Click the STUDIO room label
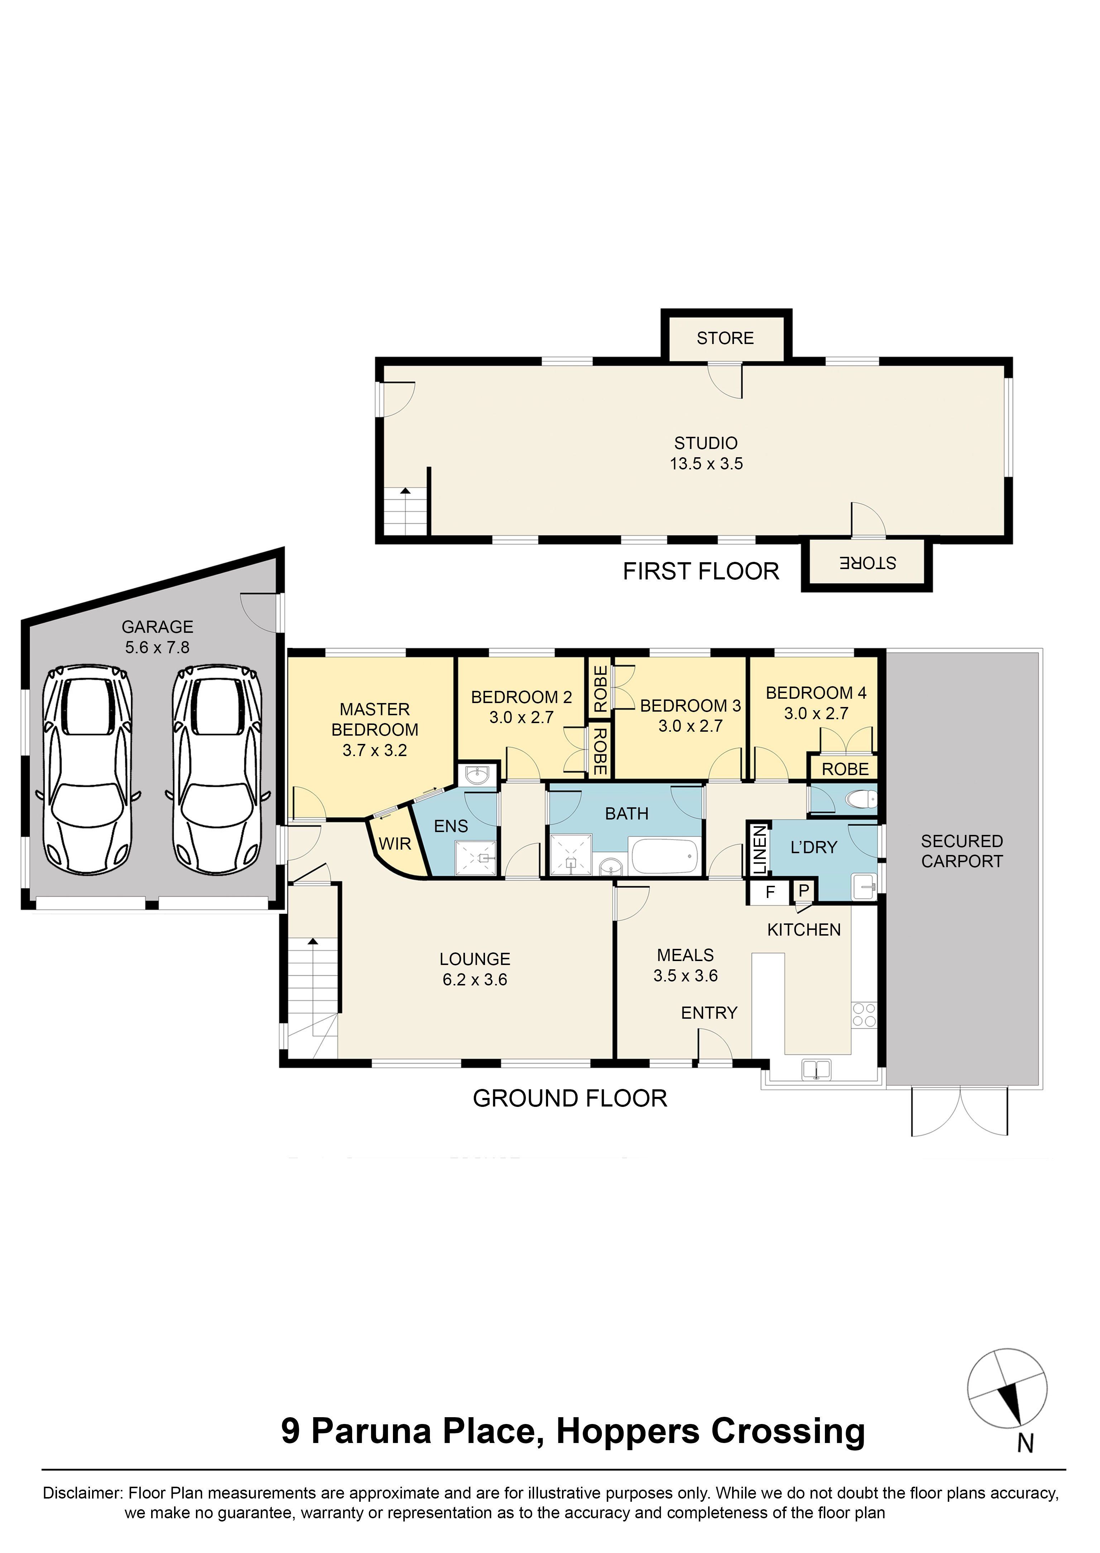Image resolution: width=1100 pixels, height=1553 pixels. coord(705,443)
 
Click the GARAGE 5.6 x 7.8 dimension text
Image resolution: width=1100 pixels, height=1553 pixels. coord(157,648)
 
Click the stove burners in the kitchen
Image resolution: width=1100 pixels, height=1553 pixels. coord(864,1015)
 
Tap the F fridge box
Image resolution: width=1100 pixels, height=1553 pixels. coord(770,892)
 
